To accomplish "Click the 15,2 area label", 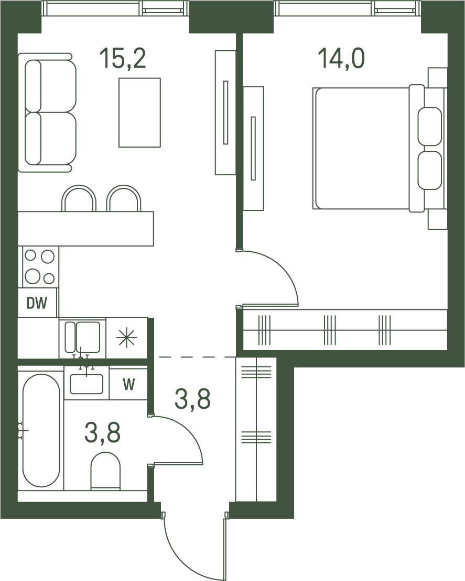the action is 123,59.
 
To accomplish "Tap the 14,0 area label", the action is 341,59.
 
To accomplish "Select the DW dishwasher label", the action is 37,304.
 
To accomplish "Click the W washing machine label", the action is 129,385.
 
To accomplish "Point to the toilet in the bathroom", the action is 106,471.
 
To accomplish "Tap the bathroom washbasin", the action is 86,384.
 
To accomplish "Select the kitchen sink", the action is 82,337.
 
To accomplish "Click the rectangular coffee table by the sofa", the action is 140,113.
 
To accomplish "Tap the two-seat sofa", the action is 47,113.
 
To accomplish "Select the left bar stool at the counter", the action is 79,198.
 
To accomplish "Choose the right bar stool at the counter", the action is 124,198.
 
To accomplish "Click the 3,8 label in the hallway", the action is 192,399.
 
